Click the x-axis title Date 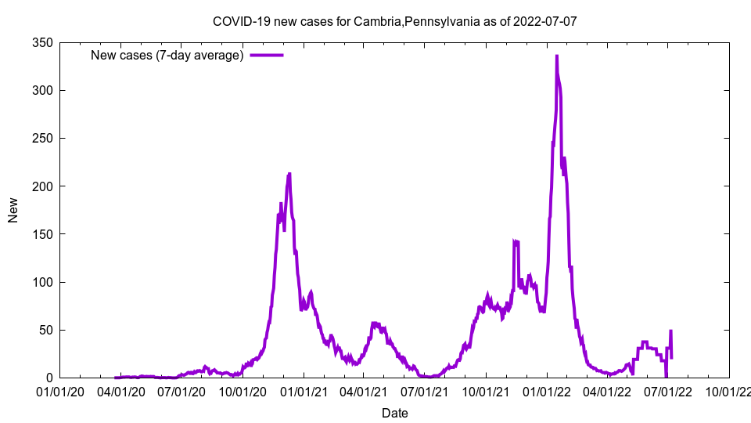tap(394, 413)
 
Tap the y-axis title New tap(13, 210)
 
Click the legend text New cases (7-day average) tap(167, 56)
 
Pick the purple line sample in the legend tap(266, 56)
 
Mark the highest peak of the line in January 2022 tap(556, 56)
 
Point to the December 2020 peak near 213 tap(289, 174)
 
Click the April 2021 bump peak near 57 tap(374, 323)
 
